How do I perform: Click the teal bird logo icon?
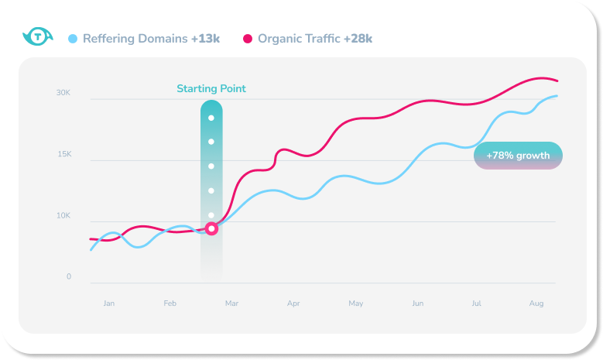click(x=36, y=36)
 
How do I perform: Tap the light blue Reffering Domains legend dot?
click(x=73, y=38)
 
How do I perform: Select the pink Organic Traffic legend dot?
click(x=248, y=38)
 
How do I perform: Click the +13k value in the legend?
click(x=205, y=38)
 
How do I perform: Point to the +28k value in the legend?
click(x=358, y=38)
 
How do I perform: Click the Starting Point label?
click(x=211, y=88)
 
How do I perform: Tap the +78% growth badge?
click(x=518, y=156)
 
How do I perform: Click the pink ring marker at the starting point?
click(x=211, y=228)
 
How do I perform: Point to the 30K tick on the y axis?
click(x=63, y=93)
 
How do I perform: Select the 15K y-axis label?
click(x=63, y=154)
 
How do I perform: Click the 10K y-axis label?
click(x=63, y=215)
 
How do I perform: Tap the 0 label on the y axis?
click(x=69, y=276)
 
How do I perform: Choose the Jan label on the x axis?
click(x=109, y=303)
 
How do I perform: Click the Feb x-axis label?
click(x=170, y=303)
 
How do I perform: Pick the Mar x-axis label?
click(x=231, y=303)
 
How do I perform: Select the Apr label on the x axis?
click(x=293, y=303)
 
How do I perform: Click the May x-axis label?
click(x=355, y=303)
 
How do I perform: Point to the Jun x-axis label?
click(x=417, y=303)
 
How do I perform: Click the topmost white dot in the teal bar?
click(x=211, y=118)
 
